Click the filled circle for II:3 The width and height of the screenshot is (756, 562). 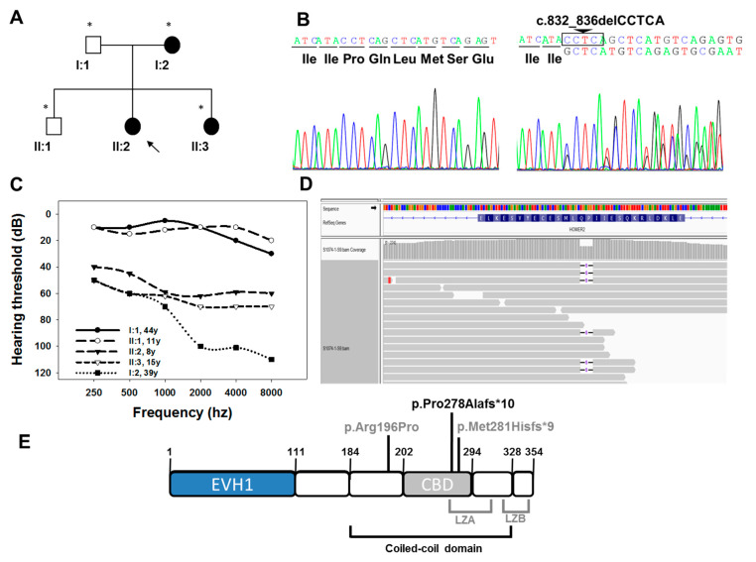[210, 126]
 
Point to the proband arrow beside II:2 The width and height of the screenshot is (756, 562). [152, 148]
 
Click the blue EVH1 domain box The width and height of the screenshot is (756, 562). [232, 485]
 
